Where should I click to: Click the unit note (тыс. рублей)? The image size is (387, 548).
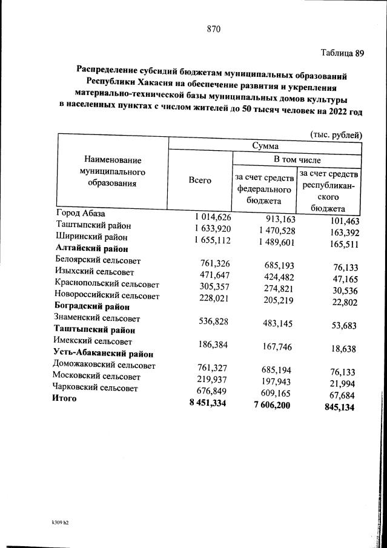tap(336, 134)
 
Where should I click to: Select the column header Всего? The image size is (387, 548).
tap(200, 180)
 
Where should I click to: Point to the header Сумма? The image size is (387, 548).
tap(265, 147)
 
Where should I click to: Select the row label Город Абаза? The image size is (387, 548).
tap(81, 214)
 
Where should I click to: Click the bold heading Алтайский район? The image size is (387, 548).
tap(91, 248)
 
